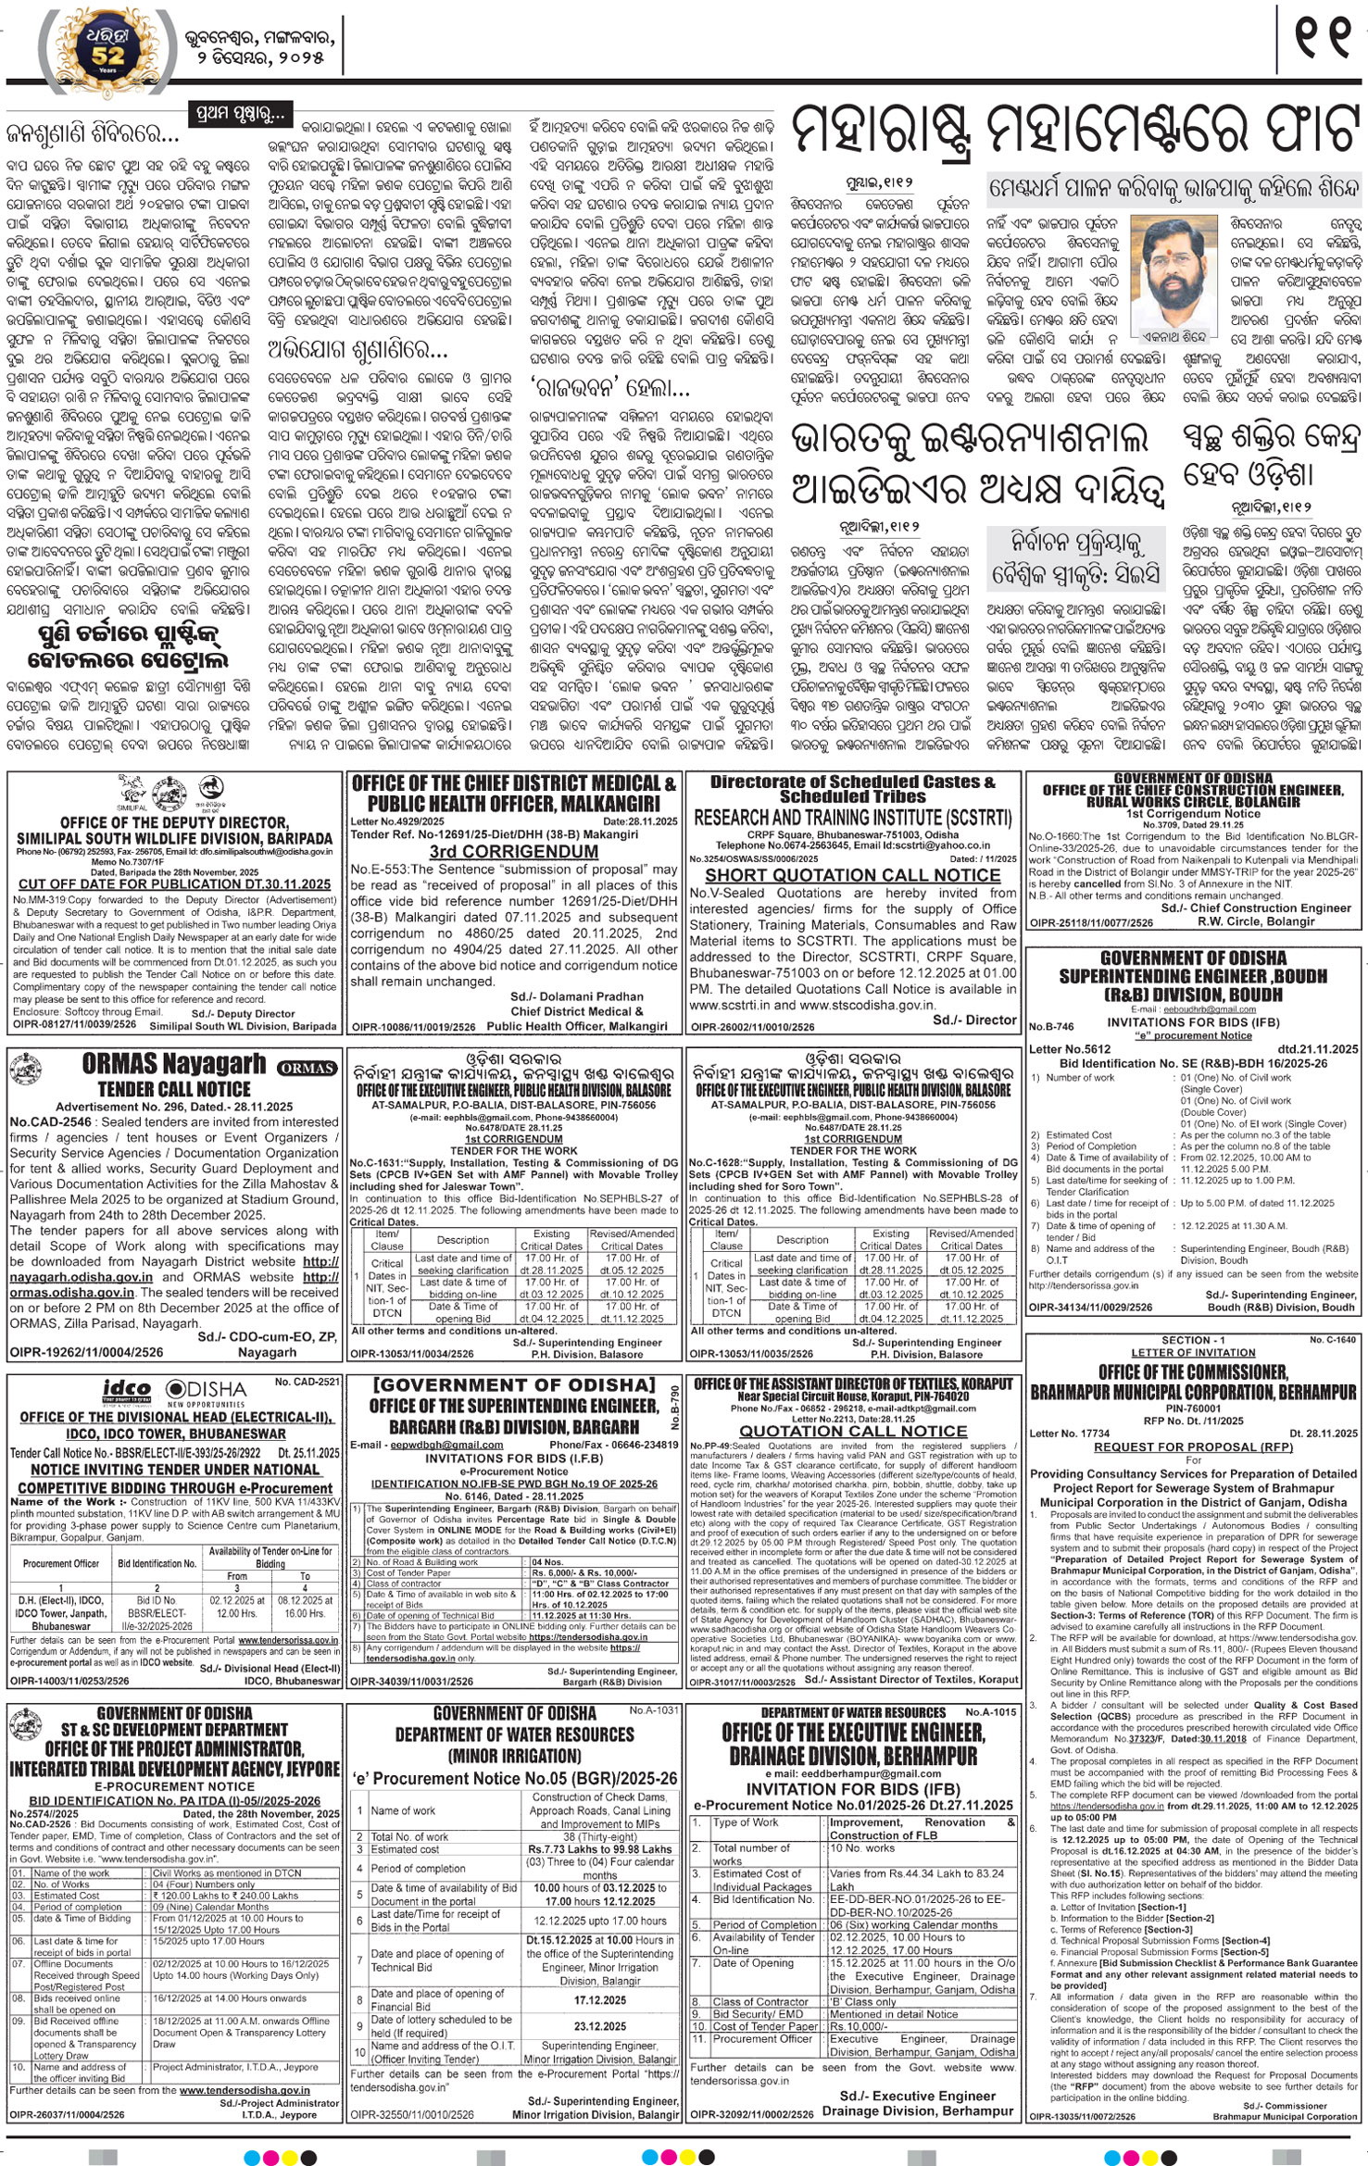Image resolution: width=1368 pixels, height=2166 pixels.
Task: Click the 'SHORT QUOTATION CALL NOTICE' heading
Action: (852, 875)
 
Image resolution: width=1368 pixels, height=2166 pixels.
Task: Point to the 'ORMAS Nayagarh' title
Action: (173, 1064)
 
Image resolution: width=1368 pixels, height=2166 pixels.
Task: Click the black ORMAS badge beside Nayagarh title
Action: (307, 1068)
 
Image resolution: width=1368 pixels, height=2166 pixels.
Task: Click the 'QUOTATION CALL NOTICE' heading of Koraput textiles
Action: (852, 1431)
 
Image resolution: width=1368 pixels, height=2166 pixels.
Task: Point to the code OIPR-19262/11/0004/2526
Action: (86, 1353)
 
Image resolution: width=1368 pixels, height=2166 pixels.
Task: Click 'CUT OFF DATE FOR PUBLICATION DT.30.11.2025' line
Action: (174, 884)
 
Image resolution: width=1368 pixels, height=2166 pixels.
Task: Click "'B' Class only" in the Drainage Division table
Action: (862, 2002)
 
